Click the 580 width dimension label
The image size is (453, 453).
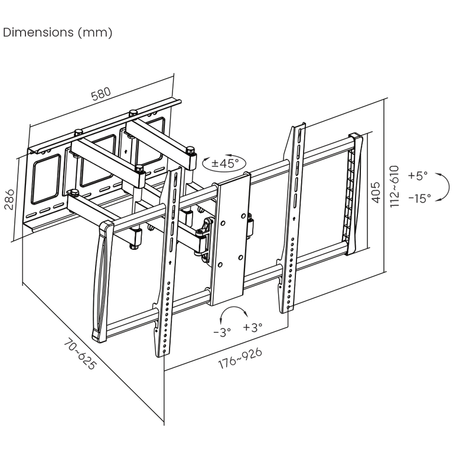pos(101,93)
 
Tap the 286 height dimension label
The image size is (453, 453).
pos(9,200)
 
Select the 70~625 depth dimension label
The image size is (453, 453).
pos(79,354)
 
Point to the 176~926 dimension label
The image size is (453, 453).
pos(240,359)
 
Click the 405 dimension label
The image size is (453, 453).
pos(375,193)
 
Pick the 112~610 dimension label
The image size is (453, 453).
pos(395,187)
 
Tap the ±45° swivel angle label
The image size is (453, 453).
pos(225,163)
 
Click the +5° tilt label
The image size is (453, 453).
pos(418,175)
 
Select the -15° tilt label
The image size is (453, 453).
pos(420,198)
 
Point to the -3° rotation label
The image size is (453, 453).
pos(222,333)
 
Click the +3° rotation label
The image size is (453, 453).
pos(253,327)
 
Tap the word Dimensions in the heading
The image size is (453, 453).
pos(38,32)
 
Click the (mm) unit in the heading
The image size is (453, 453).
pos(95,32)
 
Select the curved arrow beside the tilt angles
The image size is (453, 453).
pos(448,187)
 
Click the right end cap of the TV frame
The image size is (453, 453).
pos(354,194)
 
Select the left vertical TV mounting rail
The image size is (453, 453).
pos(168,263)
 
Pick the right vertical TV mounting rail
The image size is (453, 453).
pos(292,218)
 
